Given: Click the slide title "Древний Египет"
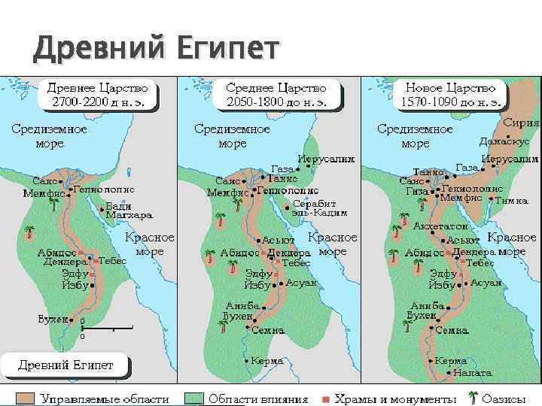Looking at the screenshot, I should point(155,50).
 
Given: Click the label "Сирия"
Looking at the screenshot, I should point(520,123).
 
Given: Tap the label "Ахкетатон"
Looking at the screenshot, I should point(440,226).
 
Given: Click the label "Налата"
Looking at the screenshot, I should point(473,372).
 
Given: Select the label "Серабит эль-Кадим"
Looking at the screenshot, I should point(319,208).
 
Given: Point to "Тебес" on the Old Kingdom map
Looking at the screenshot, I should point(114,260).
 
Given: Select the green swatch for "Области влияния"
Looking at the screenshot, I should point(196,398).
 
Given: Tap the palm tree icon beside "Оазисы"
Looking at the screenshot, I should point(472,398).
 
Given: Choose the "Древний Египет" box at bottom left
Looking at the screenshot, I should point(66,366).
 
